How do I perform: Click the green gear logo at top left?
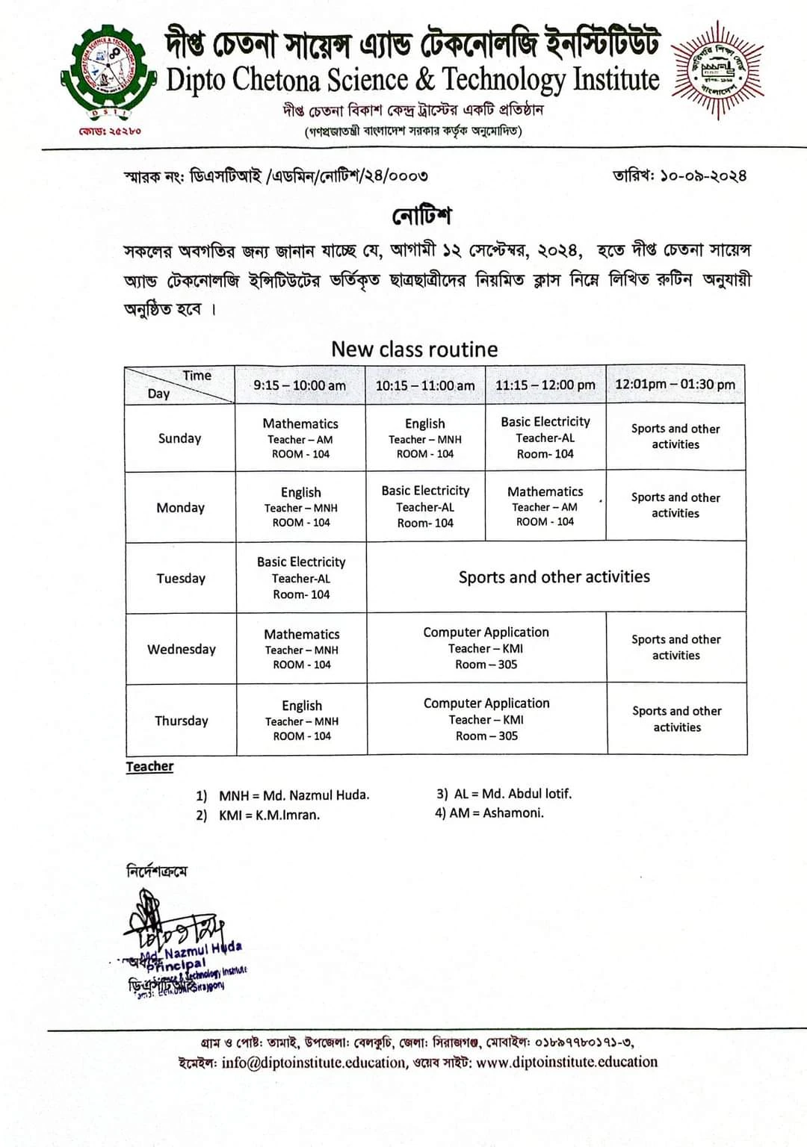109,72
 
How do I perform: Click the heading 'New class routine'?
414,349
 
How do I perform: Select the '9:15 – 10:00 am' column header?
300,385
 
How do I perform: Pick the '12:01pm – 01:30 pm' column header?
675,385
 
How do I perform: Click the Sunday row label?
179,438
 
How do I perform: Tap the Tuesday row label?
181,578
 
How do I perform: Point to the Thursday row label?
182,721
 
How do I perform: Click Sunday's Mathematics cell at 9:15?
300,438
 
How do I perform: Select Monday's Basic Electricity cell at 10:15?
425,506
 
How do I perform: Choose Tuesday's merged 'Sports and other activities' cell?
554,576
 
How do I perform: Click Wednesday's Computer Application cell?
486,647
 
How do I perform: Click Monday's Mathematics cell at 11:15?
545,506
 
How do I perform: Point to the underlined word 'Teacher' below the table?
149,766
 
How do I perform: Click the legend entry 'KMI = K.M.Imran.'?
269,815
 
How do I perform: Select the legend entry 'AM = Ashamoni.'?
497,812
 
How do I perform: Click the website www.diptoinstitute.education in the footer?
566,1062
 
